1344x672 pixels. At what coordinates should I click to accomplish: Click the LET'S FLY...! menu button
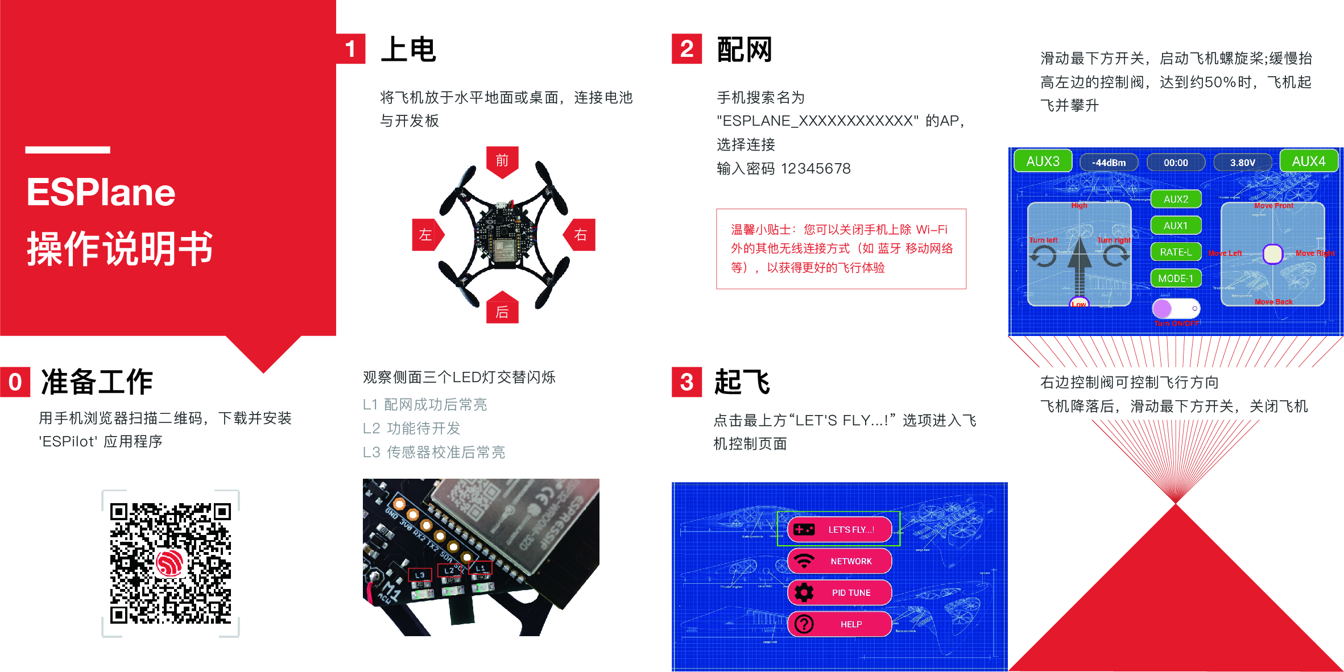[840, 529]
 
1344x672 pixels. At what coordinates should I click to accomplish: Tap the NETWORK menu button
[840, 561]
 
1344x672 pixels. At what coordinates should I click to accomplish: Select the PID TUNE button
[840, 592]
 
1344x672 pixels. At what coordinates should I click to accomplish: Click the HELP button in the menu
[840, 624]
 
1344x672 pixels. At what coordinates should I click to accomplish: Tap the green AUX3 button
[1043, 161]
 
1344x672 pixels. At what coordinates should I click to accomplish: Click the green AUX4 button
[1308, 161]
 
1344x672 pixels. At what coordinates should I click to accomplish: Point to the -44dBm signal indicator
[1109, 163]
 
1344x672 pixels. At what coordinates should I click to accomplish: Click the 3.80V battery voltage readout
[1242, 163]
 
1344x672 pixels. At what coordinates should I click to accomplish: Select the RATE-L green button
[1176, 252]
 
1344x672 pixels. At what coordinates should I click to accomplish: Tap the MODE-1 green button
[1176, 279]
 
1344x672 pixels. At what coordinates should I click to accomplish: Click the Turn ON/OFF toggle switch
[1176, 309]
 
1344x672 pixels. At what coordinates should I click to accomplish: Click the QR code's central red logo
[170, 563]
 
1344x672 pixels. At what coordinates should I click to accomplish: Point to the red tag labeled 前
[502, 161]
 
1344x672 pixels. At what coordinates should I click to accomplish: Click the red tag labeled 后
[502, 310]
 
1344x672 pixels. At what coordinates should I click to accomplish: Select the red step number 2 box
[687, 49]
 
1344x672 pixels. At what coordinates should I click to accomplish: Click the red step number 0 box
[15, 381]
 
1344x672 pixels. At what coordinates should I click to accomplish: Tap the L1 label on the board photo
[480, 567]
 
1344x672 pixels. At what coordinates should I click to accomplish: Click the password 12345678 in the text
[816, 169]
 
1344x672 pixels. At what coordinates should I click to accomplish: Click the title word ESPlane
[101, 192]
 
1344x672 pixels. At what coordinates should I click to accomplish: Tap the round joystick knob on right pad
[1272, 254]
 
